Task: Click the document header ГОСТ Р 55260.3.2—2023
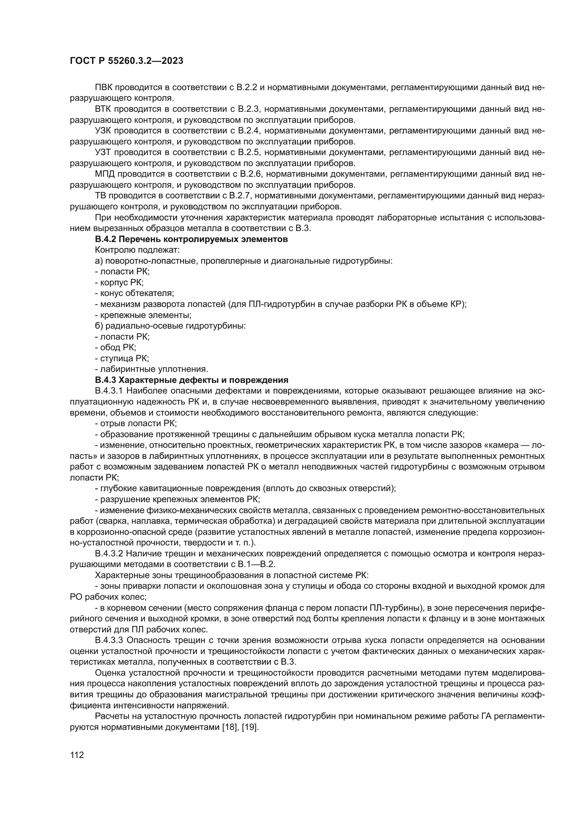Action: tap(126, 61)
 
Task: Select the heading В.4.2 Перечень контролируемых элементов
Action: tap(191, 239)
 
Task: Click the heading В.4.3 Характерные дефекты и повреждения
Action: tap(192, 380)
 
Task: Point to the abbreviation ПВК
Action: tap(104, 88)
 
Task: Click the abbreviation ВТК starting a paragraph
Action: tap(104, 109)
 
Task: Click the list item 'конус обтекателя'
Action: tap(135, 293)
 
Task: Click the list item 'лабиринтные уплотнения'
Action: tap(152, 369)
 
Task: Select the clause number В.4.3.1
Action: tap(109, 391)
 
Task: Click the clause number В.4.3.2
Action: tap(109, 554)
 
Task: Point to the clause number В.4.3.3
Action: tap(109, 640)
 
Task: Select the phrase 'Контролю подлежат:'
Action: tap(137, 250)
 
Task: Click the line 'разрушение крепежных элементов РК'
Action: tap(177, 499)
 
